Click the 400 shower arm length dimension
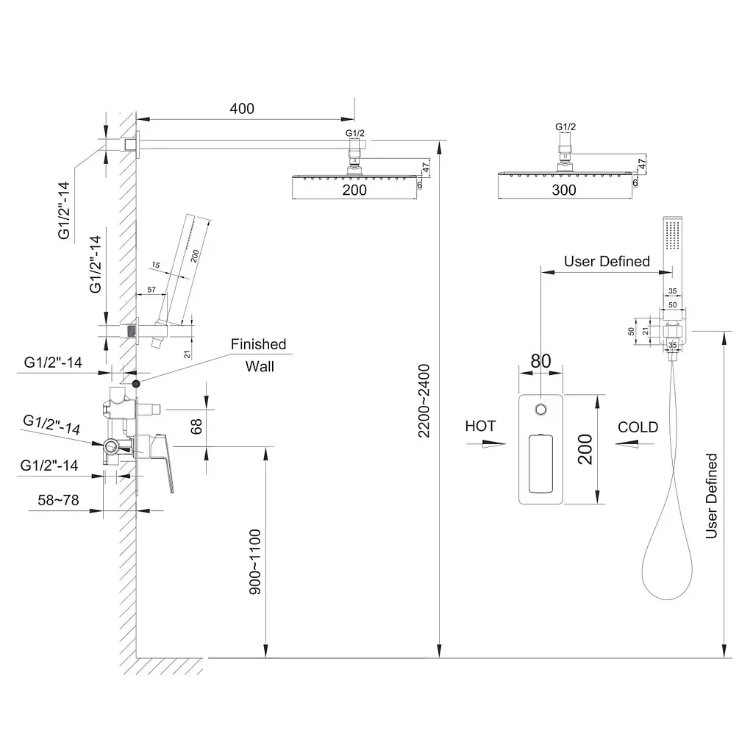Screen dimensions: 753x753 [242, 109]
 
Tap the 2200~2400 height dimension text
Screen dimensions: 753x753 [424, 401]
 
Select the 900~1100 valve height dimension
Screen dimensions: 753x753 [255, 562]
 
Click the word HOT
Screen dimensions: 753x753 [480, 426]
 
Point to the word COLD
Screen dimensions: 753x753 [638, 427]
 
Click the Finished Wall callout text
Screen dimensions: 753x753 [260, 355]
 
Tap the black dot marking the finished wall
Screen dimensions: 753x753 [136, 384]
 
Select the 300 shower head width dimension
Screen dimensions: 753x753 [564, 190]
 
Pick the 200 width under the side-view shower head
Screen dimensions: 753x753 [354, 190]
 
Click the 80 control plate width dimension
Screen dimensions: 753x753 [540, 361]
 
